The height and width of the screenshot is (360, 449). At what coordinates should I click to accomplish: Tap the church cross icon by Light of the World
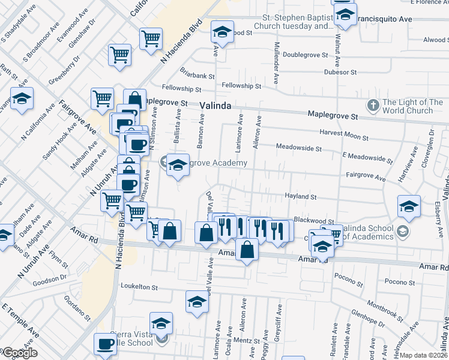coord(373,106)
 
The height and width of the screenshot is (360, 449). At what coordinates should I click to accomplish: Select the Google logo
coord(19,353)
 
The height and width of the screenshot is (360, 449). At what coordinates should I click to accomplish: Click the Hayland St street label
coord(300,196)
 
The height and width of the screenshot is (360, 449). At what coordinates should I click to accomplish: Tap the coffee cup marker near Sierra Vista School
coord(106,345)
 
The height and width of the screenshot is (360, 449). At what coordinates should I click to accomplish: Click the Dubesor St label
coord(340,72)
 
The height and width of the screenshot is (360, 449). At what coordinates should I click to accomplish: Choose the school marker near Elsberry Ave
coord(409,206)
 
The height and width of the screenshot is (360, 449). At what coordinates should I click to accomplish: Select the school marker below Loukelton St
coord(196,302)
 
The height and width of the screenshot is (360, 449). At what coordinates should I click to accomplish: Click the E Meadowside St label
coord(367,157)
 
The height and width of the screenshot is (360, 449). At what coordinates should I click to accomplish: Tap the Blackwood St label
coord(316,221)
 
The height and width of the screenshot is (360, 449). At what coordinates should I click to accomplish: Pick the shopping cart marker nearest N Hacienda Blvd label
coord(151,38)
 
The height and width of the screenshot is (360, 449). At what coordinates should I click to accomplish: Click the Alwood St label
coord(434,40)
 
